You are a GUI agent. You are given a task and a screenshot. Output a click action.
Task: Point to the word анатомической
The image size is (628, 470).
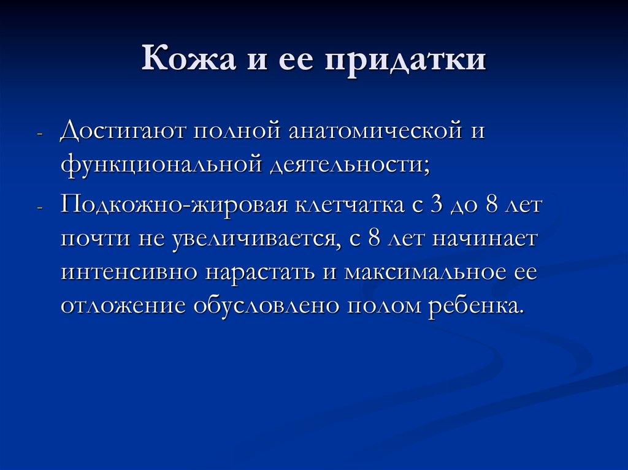(366, 132)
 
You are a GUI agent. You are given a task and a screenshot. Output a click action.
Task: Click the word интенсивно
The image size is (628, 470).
(129, 271)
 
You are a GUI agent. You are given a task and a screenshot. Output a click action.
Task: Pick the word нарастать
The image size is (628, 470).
(260, 271)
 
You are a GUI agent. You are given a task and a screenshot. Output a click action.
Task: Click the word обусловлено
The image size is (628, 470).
(266, 305)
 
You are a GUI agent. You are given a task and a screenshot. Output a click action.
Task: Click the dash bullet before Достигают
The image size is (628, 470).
(40, 134)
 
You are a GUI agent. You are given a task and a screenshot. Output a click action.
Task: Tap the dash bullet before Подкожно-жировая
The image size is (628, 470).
(40, 207)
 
